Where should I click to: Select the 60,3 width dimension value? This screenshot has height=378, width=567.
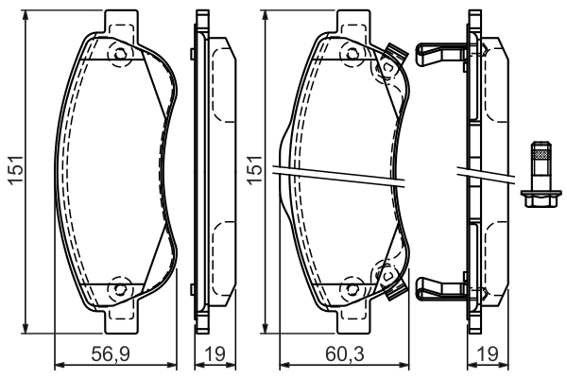pos(344,355)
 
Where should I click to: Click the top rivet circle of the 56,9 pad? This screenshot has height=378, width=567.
pos(119,55)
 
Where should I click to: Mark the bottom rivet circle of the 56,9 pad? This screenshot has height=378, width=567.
pos(119,288)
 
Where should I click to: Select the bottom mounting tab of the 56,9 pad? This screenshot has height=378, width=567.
pos(119,323)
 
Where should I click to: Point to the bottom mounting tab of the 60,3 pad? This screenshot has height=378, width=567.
pos(351,323)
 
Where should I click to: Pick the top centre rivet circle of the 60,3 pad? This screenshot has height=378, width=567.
pos(351,55)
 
